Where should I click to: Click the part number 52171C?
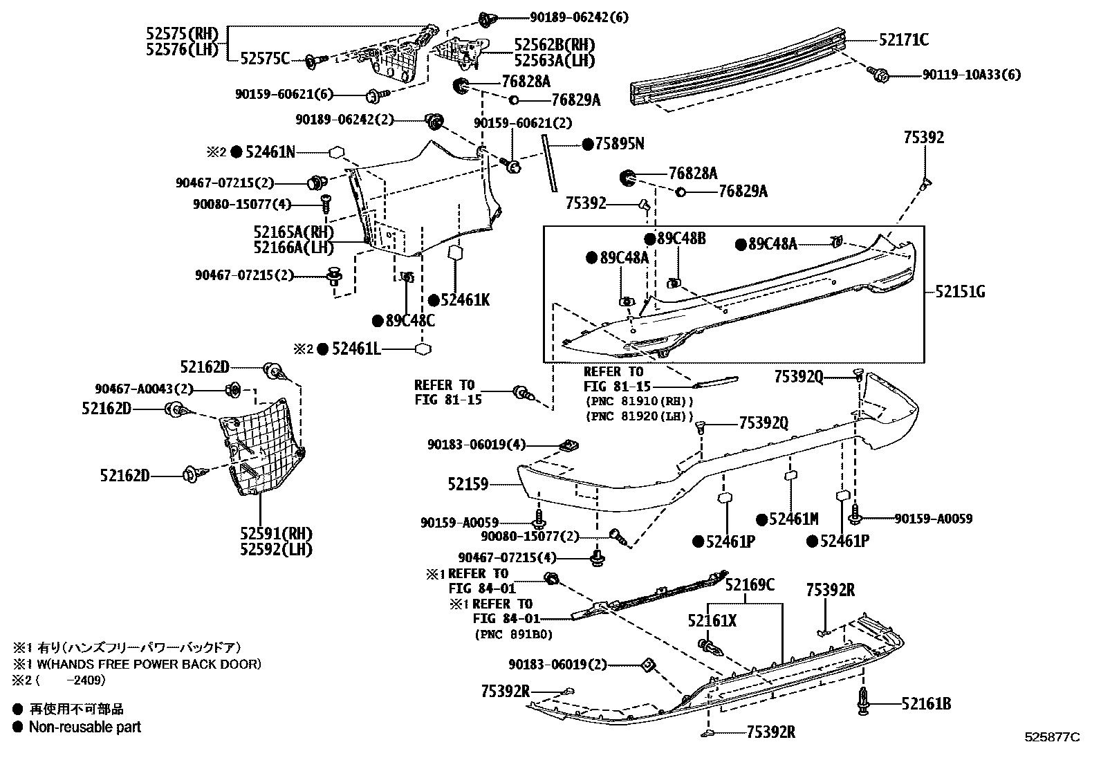coord(904,40)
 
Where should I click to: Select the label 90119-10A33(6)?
coord(971,75)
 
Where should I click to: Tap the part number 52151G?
coord(961,292)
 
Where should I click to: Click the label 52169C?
coord(750,586)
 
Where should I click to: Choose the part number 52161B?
coord(926,704)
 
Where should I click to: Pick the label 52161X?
coord(712,621)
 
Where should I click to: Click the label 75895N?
coord(620,144)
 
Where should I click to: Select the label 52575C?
coord(265,59)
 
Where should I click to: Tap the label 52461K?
coord(465,300)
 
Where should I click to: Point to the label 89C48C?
coord(410,321)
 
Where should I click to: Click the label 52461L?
coord(356,349)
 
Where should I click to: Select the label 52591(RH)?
coord(276,534)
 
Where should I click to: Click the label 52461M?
coord(794,519)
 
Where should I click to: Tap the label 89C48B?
coord(681,239)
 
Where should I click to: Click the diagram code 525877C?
coord(1052,737)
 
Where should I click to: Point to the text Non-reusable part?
coord(84,727)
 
